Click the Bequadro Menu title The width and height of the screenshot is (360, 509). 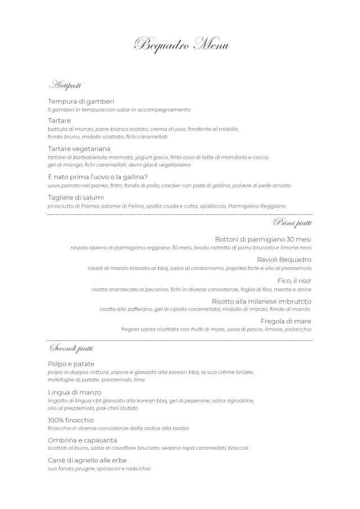pos(181,44)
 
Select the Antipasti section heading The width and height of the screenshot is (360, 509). pos(65,85)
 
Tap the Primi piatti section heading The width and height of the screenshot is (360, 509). pos(292,223)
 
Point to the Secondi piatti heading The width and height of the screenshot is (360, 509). pos(71,348)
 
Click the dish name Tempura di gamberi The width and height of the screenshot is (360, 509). pos(81,101)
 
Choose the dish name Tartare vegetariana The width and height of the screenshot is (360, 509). pos(79,149)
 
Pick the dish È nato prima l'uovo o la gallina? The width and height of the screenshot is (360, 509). pos(98,177)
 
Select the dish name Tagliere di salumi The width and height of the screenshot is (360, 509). pos(76,197)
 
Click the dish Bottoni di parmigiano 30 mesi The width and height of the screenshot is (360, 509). pos(263,240)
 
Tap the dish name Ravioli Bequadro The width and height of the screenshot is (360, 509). pos(284,260)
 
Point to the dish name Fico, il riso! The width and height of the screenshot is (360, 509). pos(294,281)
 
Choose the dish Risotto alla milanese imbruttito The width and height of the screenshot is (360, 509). pos(261,301)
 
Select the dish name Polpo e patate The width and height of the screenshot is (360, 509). pos(71,364)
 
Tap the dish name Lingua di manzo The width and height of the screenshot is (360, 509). pos(75,392)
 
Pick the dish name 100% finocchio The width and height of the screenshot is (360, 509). pos(71,420)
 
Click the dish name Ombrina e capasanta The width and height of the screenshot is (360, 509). pos(83,440)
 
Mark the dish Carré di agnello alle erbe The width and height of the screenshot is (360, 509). pos(87,461)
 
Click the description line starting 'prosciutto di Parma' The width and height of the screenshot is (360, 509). pos(166,206)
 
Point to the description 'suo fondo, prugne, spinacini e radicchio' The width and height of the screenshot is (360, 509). pos(99,469)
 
